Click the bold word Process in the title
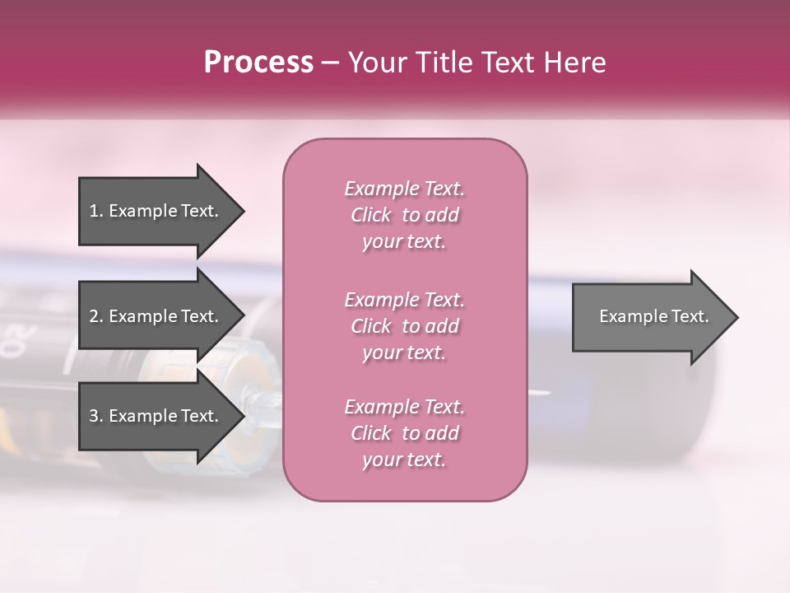pos(258,63)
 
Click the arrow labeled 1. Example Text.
pos(154,211)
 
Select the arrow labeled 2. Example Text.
pos(154,316)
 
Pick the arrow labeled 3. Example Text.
pos(154,416)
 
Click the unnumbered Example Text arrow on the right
pos(653,316)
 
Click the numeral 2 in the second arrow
pos(94,316)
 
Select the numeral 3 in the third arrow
pos(94,416)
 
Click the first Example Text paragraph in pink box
pos(404,215)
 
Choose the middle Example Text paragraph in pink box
pos(404,326)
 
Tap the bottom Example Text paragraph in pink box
pos(404,433)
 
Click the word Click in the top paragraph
pos(371,215)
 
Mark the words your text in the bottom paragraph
pos(404,460)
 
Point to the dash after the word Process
pos(331,63)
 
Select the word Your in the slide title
pos(376,63)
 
